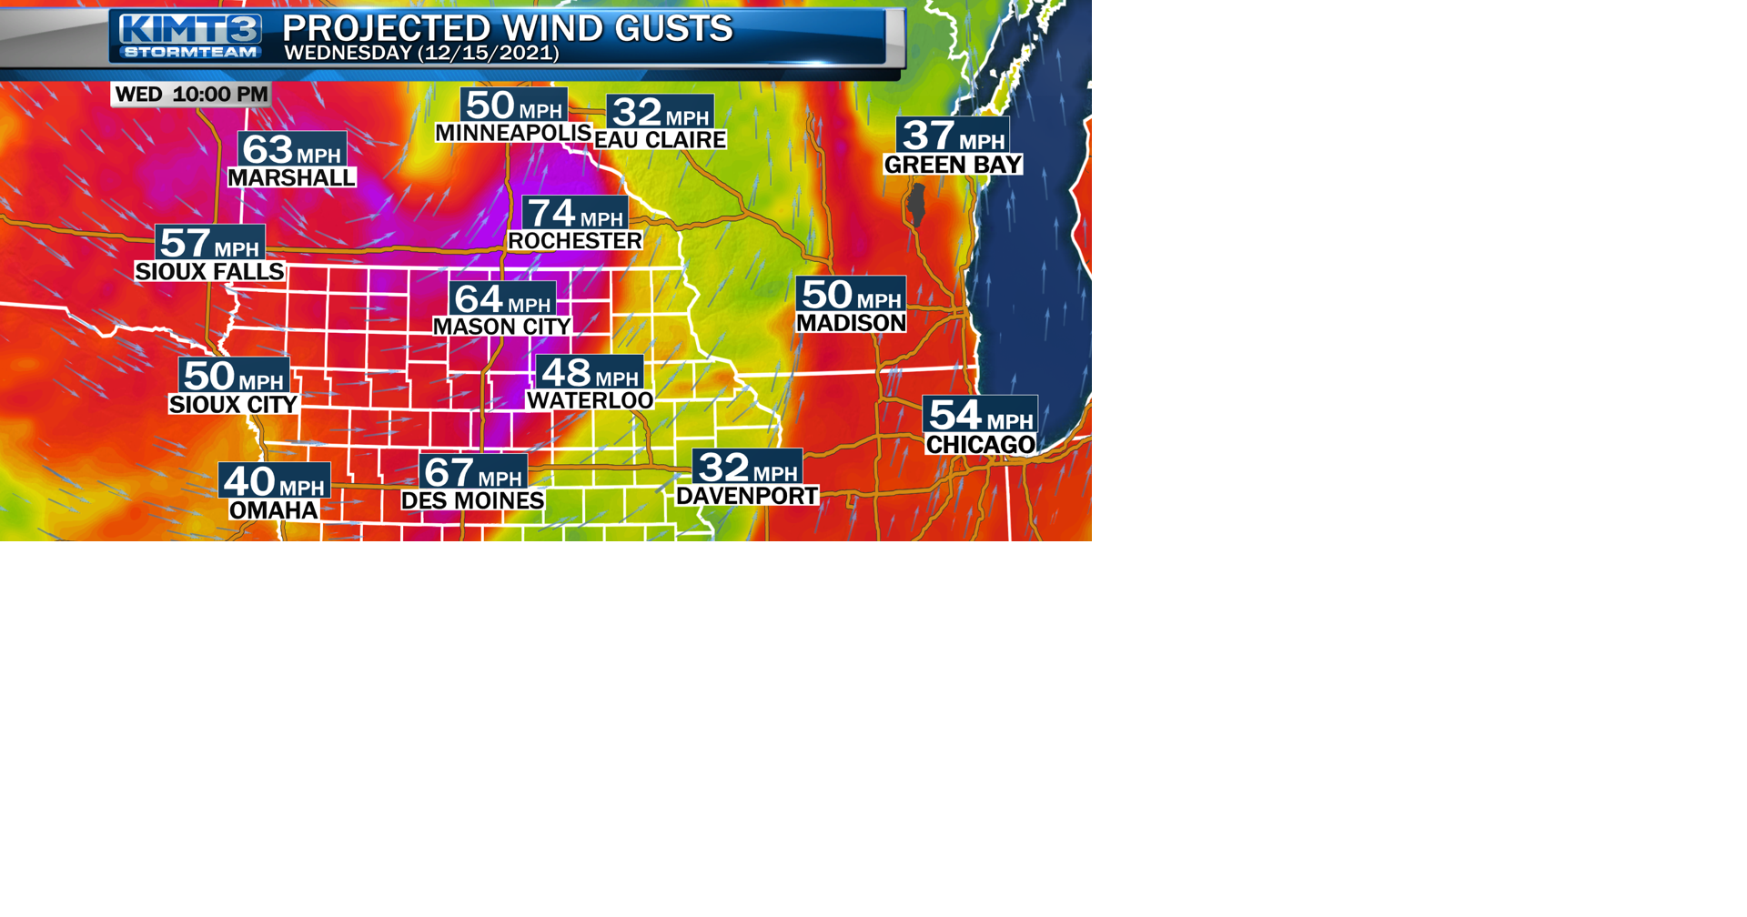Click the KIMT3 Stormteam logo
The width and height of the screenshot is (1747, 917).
(x=190, y=36)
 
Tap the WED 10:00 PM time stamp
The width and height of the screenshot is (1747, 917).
(x=191, y=95)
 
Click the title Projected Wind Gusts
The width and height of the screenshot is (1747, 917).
(x=507, y=28)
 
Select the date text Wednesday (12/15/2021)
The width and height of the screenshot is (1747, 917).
(x=421, y=53)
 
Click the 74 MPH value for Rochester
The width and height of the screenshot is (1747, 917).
(x=575, y=213)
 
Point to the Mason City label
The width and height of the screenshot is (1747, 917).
(x=502, y=327)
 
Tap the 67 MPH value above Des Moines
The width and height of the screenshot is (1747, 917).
(x=473, y=472)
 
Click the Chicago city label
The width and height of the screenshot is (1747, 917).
(x=981, y=445)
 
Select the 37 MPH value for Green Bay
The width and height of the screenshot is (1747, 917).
(x=953, y=136)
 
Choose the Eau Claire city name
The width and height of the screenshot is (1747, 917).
(x=661, y=140)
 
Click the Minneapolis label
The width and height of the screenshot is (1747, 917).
(x=513, y=133)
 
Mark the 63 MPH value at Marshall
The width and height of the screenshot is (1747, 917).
(x=292, y=149)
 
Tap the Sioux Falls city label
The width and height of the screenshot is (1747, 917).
(x=210, y=272)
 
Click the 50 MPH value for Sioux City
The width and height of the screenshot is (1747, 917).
(x=234, y=376)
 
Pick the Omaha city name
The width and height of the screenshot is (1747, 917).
(x=274, y=510)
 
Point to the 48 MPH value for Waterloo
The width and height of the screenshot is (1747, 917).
(x=590, y=372)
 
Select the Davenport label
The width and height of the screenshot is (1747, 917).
(x=747, y=496)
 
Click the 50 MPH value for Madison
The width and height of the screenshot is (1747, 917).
(x=851, y=295)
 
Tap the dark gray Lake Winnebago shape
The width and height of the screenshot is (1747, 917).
(x=916, y=205)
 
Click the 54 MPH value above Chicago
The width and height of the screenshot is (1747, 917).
(x=980, y=415)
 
